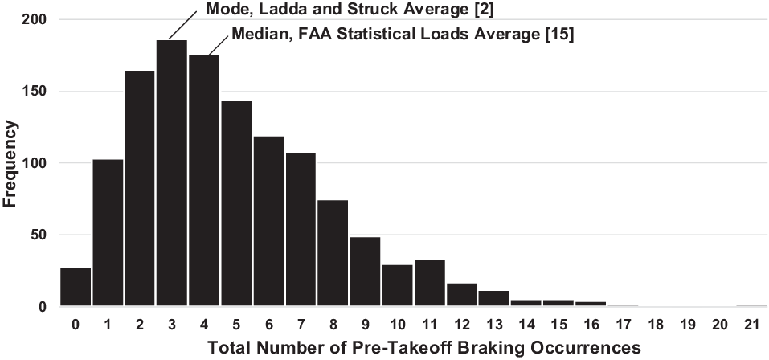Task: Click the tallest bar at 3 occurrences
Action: (171, 173)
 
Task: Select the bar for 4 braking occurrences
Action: (203, 181)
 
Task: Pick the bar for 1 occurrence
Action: (108, 233)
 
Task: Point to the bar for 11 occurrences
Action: (429, 284)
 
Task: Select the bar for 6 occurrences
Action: (268, 221)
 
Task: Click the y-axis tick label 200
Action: (36, 18)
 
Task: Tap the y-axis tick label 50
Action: (39, 235)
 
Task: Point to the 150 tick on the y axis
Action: (36, 91)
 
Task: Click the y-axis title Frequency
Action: (10, 163)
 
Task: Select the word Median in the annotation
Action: (255, 35)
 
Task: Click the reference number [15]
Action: (557, 35)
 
